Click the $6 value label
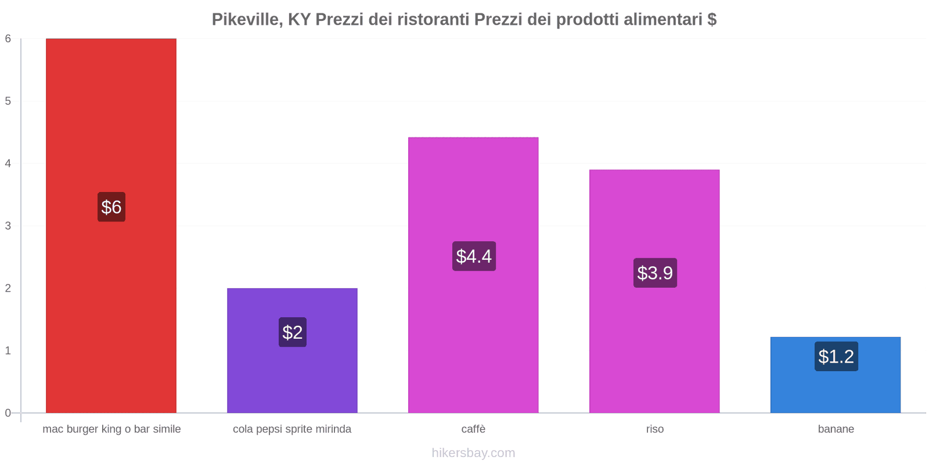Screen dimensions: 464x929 [x=111, y=207]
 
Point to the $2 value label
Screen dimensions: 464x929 [x=292, y=332]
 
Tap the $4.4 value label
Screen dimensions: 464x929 [x=474, y=256]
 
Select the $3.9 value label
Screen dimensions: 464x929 [x=655, y=273]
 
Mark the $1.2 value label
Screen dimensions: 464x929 [x=836, y=356]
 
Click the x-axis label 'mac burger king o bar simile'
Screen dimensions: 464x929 [x=111, y=429]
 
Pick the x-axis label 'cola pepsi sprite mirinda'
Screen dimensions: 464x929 [x=292, y=429]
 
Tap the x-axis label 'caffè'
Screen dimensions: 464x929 [x=473, y=429]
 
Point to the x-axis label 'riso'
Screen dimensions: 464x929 [x=654, y=429]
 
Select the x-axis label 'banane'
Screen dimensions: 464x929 [x=836, y=429]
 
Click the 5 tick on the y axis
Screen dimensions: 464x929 [x=8, y=101]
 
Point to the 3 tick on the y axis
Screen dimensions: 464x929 [x=8, y=226]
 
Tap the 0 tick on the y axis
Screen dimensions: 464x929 [x=8, y=413]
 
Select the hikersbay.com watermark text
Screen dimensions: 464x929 [x=473, y=453]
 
